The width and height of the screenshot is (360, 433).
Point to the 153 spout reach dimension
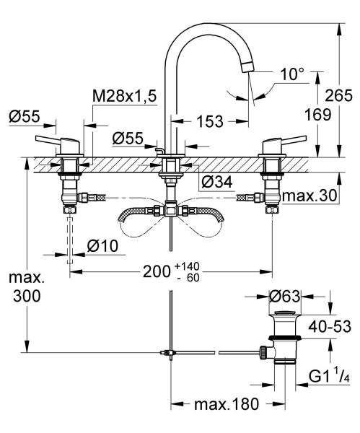(209, 122)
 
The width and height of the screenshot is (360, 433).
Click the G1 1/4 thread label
(328, 377)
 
